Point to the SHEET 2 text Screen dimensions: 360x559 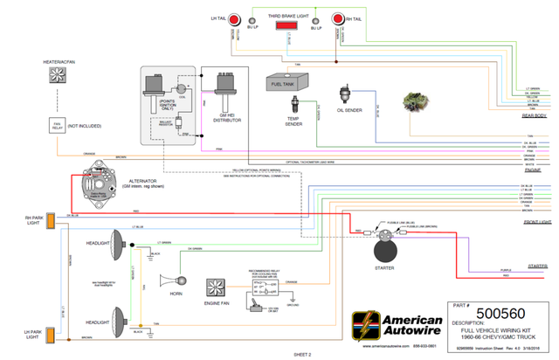(x=302, y=355)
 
